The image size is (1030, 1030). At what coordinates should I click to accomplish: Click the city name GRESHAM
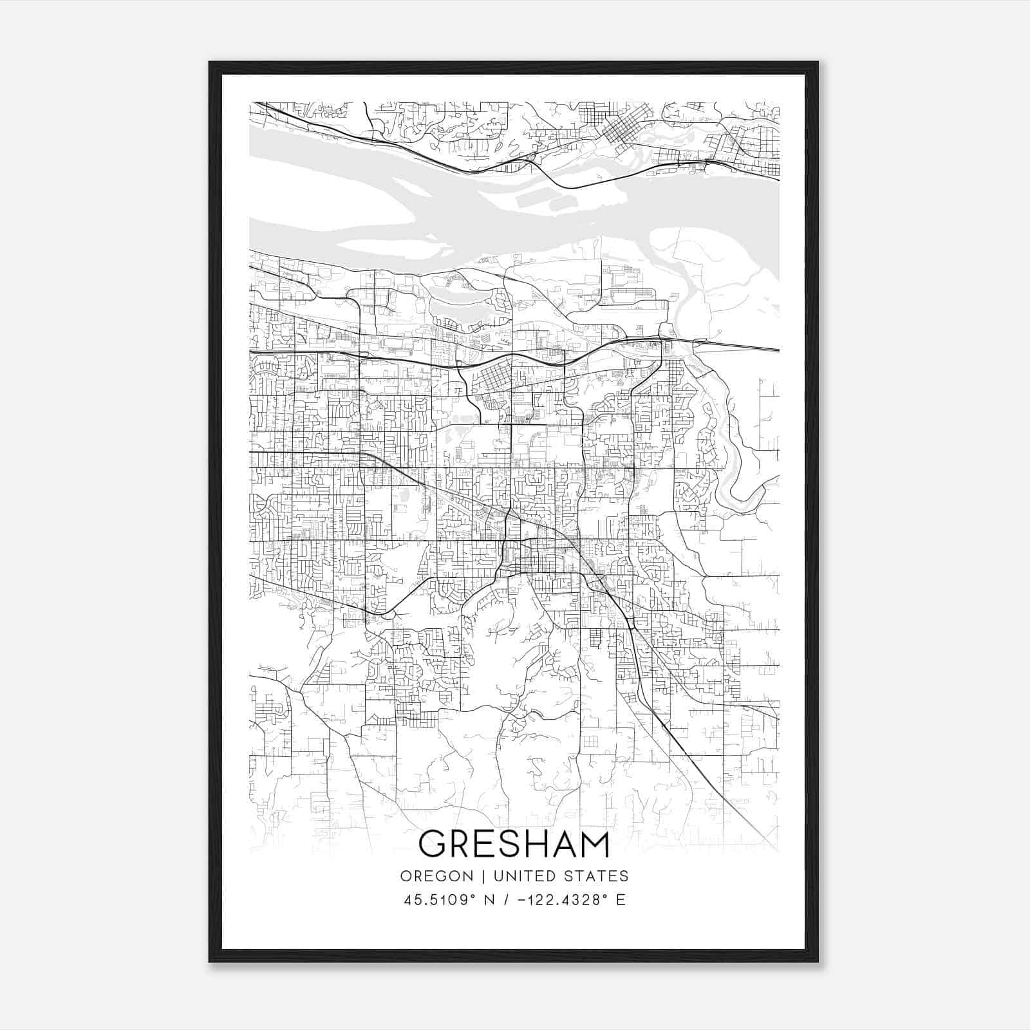[x=514, y=844]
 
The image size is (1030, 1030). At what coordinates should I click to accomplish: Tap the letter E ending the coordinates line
[x=621, y=900]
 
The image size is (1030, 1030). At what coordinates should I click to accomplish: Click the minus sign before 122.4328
[x=523, y=900]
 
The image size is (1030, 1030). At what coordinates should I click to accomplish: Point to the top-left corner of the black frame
[x=210, y=62]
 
